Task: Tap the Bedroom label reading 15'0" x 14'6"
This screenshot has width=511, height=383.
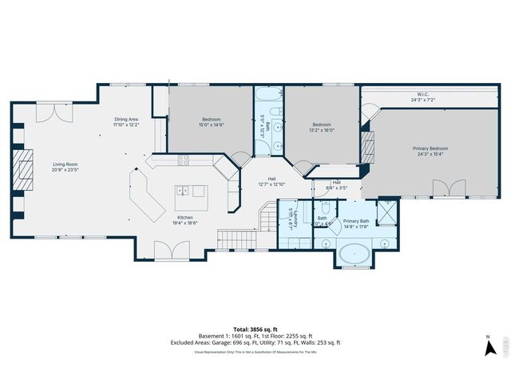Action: tap(211, 122)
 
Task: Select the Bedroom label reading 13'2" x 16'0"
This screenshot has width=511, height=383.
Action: tap(321, 127)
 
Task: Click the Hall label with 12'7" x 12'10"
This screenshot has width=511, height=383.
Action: tap(271, 181)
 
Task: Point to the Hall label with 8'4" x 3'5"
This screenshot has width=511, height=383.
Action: tap(336, 185)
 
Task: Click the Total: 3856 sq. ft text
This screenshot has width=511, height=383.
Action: tap(255, 329)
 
